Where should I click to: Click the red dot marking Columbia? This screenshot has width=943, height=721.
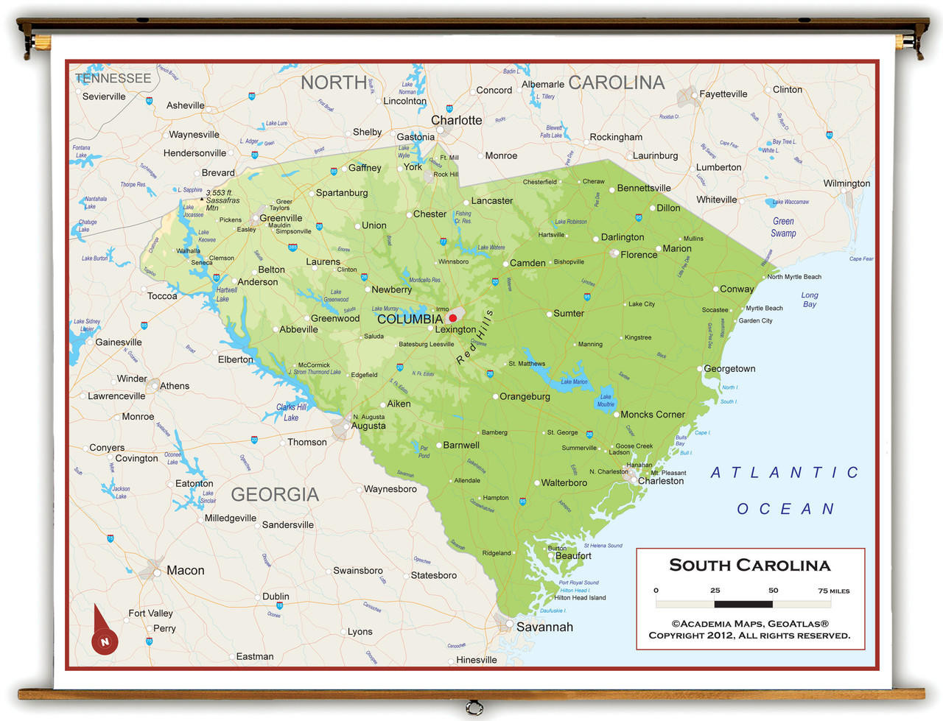click(x=452, y=318)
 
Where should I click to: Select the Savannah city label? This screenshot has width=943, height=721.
click(x=544, y=627)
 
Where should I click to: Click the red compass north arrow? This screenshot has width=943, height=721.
click(x=102, y=633)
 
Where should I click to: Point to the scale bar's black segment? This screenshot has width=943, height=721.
click(x=743, y=604)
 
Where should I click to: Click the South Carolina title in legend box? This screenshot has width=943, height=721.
click(x=749, y=566)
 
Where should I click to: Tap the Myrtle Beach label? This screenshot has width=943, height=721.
click(x=764, y=308)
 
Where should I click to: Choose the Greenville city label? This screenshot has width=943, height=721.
click(x=281, y=218)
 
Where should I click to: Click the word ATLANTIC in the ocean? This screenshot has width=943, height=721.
click(x=785, y=473)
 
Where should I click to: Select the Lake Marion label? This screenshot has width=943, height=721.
click(x=574, y=381)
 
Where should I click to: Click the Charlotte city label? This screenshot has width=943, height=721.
click(x=456, y=120)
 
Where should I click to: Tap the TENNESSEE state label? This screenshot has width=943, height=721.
click(x=113, y=78)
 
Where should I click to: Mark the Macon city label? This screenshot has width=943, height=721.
click(x=185, y=570)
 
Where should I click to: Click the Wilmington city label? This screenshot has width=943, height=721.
click(x=846, y=183)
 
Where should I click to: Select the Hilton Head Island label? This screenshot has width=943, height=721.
click(x=580, y=597)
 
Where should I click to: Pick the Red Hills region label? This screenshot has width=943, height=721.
click(x=475, y=337)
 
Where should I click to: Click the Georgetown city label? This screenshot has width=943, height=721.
click(x=729, y=368)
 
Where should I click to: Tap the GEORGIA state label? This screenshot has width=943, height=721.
click(x=275, y=494)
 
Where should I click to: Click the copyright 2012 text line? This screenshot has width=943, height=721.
click(x=749, y=635)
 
